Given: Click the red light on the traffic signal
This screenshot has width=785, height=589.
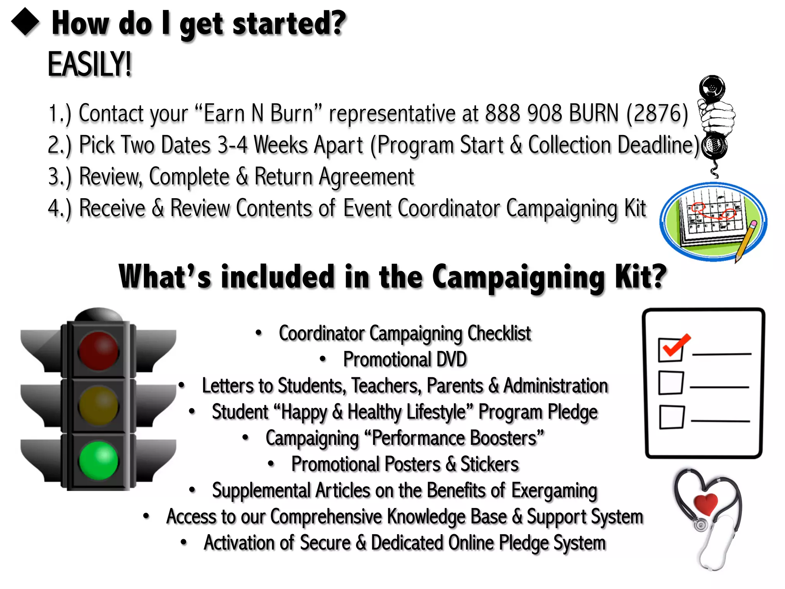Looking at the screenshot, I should click(99, 351).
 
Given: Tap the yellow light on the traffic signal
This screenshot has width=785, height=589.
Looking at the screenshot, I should click(99, 406).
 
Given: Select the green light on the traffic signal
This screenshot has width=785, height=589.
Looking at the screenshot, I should click(99, 461).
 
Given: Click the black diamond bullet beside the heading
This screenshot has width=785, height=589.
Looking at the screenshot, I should click(25, 22).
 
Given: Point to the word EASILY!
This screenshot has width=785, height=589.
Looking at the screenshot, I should click(89, 64).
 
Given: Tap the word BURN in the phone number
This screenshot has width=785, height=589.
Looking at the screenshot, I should click(594, 114).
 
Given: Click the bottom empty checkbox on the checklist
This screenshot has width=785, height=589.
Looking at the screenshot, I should click(672, 417).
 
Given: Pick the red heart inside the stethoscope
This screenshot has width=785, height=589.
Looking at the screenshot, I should click(705, 503).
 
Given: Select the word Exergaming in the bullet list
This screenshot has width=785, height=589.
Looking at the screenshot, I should click(554, 491).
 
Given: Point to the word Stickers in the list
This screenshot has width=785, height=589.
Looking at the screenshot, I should click(489, 464).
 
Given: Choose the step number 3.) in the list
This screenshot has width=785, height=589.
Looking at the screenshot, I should click(60, 177).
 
